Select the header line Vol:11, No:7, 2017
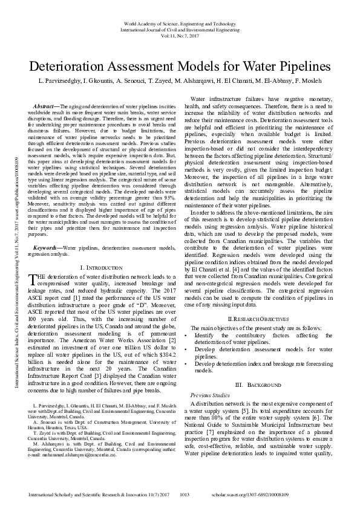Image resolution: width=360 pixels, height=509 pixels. coord(180,36)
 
